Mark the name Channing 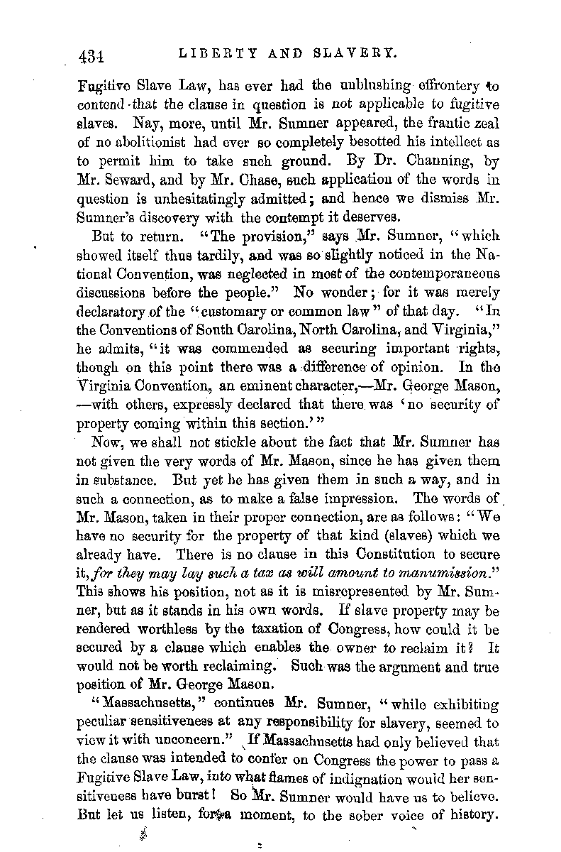pos(441,161)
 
